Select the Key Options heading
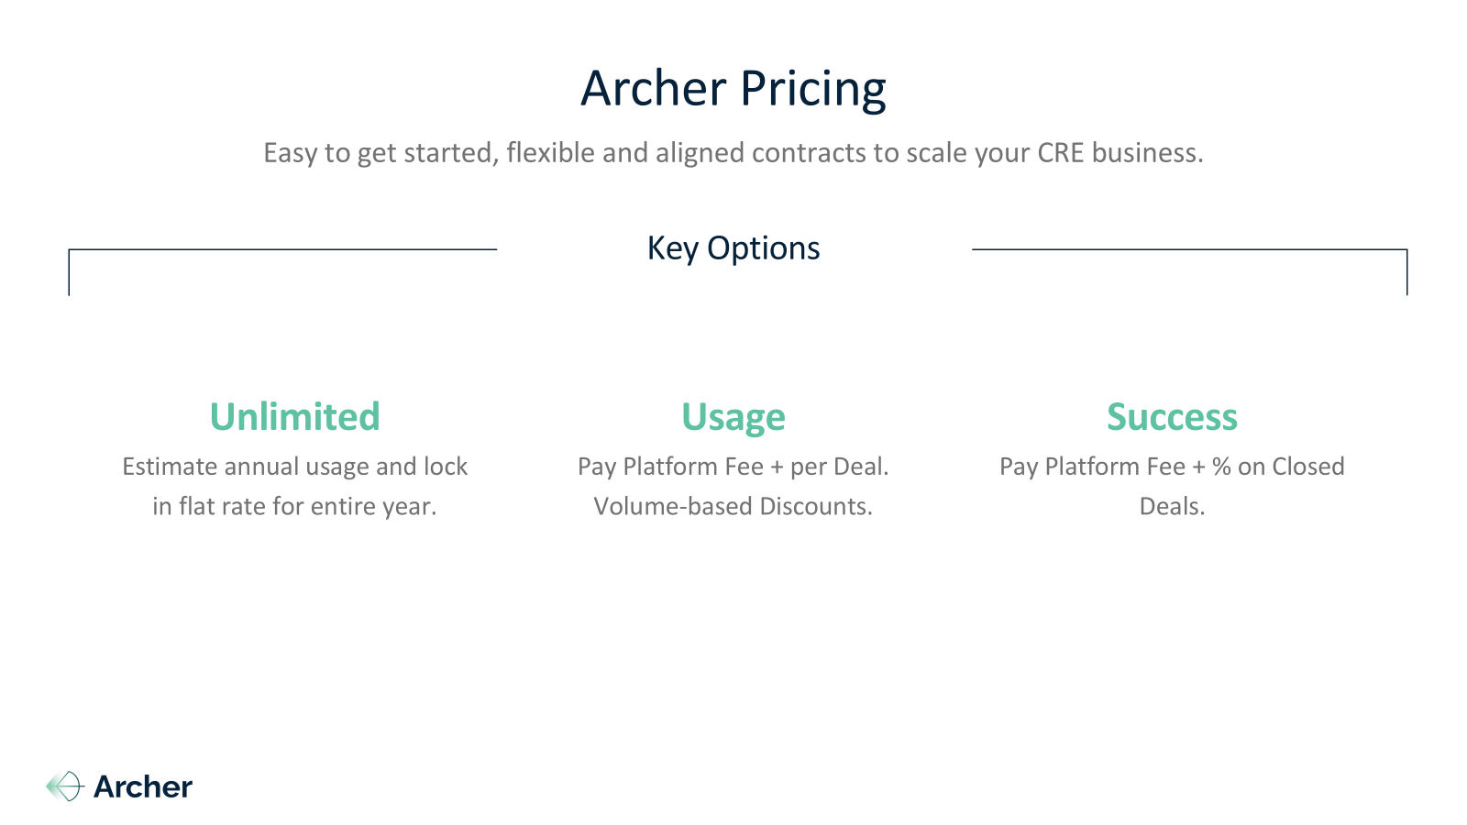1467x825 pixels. (733, 248)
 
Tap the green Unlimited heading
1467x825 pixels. (294, 416)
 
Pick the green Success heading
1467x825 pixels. (1173, 417)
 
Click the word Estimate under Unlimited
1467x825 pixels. (170, 467)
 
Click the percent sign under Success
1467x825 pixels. (1221, 467)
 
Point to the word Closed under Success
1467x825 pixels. (1307, 467)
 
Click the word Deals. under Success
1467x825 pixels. (1173, 506)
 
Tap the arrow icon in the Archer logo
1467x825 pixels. (65, 786)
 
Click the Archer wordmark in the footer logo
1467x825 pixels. (143, 787)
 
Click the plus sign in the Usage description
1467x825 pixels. (777, 467)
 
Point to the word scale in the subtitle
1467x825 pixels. (935, 152)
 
